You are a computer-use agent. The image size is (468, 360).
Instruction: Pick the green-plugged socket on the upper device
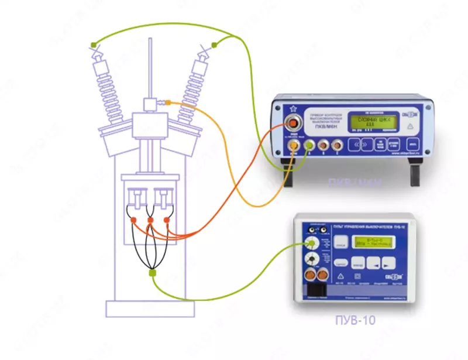pyautogui.click(x=308, y=144)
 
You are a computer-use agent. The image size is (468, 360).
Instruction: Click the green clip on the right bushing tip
pyautogui.click(x=215, y=44)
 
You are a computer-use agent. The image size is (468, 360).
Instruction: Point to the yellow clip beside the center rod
pyautogui.click(x=168, y=104)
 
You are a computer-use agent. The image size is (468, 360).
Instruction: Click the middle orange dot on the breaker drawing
pyautogui.click(x=150, y=220)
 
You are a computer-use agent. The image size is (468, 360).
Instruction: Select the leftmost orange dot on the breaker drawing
pyautogui.click(x=134, y=220)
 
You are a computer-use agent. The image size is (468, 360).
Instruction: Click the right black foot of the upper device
pyautogui.click(x=415, y=174)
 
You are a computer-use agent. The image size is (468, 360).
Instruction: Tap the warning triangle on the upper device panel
pyautogui.click(x=411, y=125)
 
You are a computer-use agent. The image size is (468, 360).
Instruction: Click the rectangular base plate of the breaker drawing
pyautogui.click(x=150, y=307)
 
